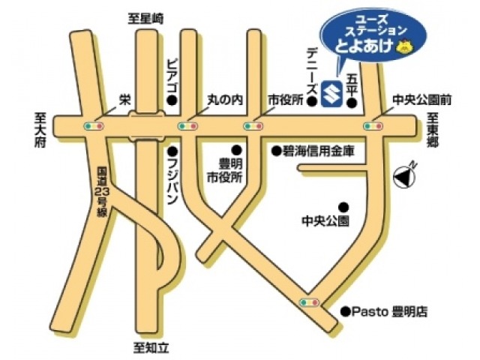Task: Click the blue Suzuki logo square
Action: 330,94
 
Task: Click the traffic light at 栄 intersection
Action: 95,126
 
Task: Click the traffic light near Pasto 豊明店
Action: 308,301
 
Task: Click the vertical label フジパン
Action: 172,184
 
